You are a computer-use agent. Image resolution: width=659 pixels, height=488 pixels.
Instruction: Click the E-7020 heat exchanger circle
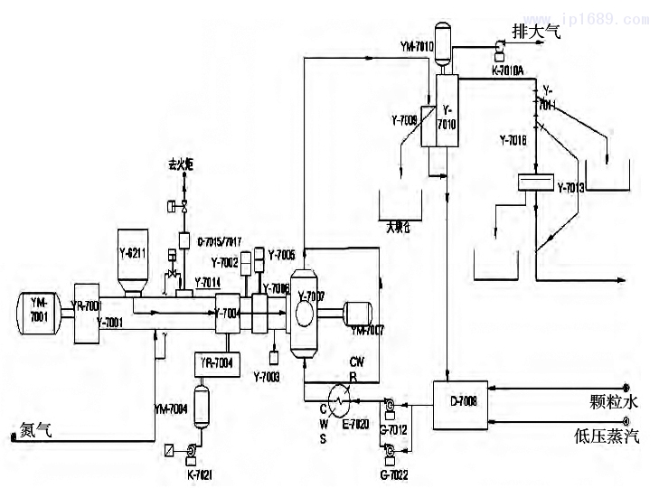pyautogui.click(x=340, y=397)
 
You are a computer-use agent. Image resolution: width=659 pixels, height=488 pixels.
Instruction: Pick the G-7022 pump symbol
pyautogui.click(x=391, y=449)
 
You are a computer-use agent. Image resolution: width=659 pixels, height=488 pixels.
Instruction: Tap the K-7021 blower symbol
pyautogui.click(x=193, y=450)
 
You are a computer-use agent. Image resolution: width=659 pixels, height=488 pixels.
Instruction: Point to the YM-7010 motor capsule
pyautogui.click(x=444, y=46)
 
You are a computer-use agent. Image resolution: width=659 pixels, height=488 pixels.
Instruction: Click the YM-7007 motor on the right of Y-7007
pyautogui.click(x=362, y=313)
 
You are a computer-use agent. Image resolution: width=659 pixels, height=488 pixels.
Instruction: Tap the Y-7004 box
pyautogui.click(x=226, y=313)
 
